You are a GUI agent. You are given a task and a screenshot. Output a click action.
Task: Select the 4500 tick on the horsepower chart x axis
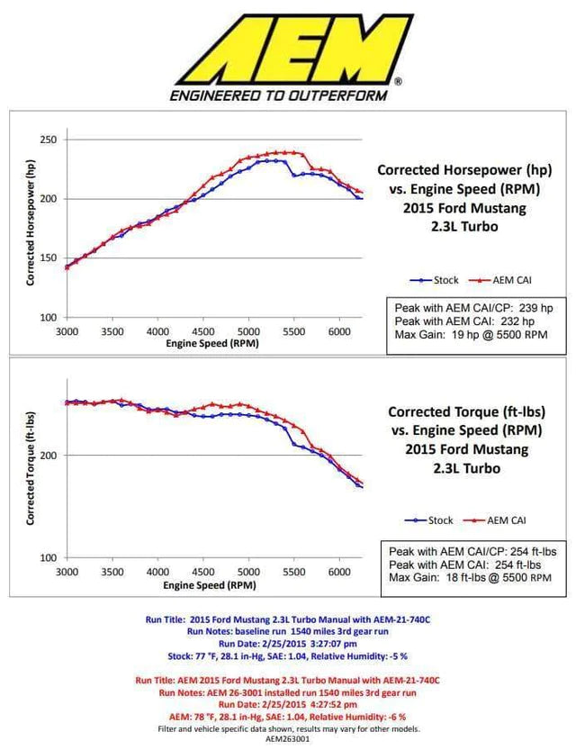tap(202, 331)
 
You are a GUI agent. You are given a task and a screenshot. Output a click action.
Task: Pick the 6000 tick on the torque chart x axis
tap(338, 572)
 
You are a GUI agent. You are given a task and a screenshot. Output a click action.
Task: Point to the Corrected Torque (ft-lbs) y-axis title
tap(31, 468)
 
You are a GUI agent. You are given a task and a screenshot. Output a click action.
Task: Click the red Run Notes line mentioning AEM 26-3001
tap(287, 693)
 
